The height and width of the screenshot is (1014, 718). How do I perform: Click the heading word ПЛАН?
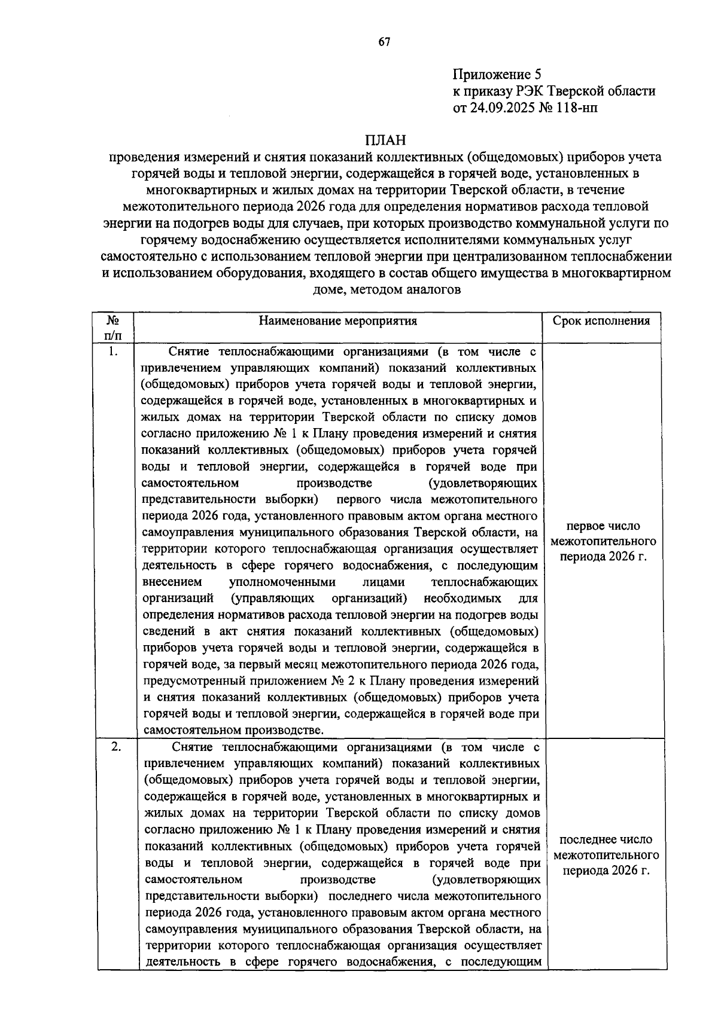[x=385, y=141]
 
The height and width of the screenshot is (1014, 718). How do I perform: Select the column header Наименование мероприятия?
[x=338, y=321]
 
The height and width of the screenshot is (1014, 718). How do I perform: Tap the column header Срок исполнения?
[x=601, y=321]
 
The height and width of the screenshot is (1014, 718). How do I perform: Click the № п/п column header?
[x=112, y=328]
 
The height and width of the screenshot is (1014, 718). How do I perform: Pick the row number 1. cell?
[x=112, y=352]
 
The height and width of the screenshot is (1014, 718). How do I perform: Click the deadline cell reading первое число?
[x=603, y=526]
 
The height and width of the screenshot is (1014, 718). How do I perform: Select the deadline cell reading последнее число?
[x=606, y=839]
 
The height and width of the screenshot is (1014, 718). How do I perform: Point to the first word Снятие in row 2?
[x=193, y=747]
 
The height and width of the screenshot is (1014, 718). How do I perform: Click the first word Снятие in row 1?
[x=190, y=352]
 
